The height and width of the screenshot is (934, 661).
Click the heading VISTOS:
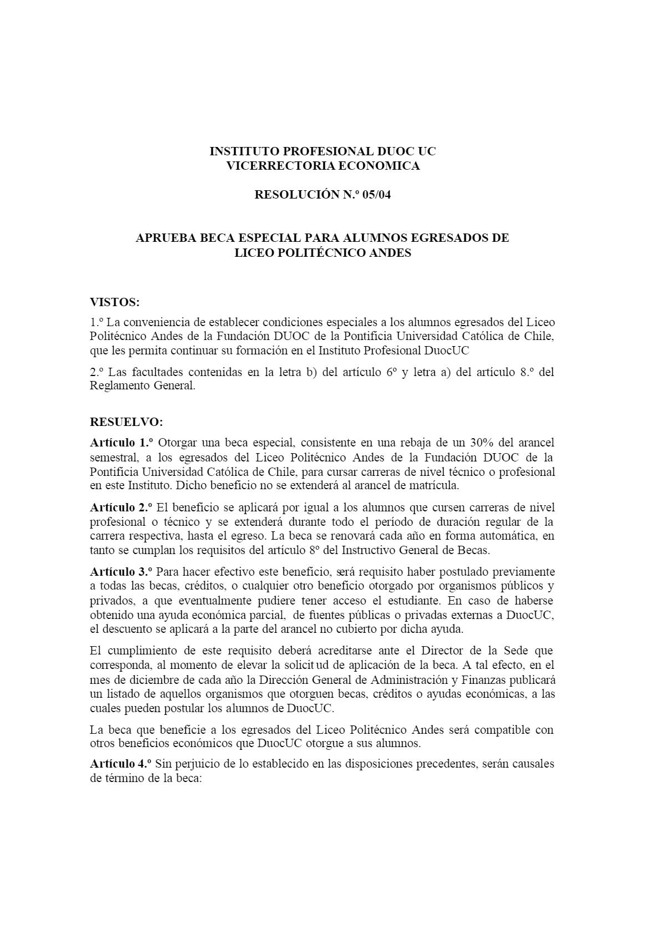click(x=115, y=302)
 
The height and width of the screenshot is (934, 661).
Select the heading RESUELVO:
click(x=126, y=422)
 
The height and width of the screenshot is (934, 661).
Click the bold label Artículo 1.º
click(x=121, y=443)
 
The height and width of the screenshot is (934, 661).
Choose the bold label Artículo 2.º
click(x=121, y=507)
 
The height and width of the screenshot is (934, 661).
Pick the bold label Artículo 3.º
click(x=121, y=571)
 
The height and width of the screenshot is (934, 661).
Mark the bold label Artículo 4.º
click(x=121, y=764)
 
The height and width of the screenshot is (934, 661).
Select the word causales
click(x=532, y=764)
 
